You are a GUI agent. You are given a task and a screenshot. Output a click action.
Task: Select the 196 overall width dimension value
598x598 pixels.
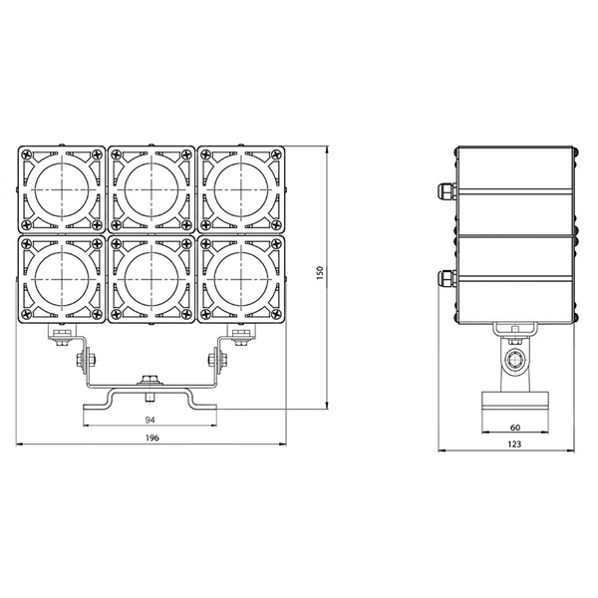(151, 438)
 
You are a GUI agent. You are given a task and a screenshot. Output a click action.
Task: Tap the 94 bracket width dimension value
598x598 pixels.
(149, 419)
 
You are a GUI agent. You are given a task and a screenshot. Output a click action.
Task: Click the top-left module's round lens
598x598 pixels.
(62, 188)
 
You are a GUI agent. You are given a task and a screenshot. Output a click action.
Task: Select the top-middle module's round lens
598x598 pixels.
(151, 188)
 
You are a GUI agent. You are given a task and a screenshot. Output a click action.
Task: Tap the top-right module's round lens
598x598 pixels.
(241, 188)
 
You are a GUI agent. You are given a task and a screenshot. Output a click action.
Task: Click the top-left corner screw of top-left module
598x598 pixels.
(26, 153)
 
